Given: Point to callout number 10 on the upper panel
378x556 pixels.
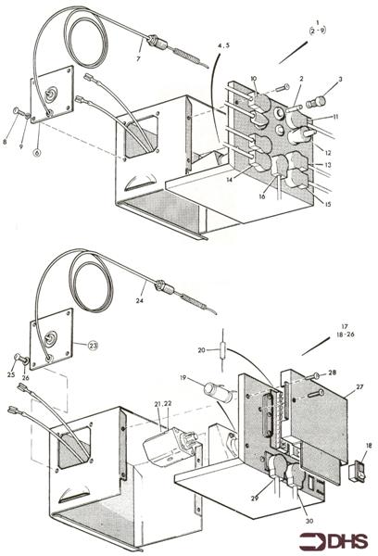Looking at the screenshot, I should tap(254, 81).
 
